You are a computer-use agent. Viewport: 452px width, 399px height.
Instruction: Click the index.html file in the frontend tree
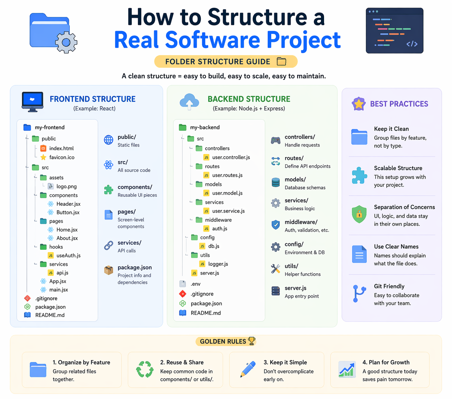point(61,148)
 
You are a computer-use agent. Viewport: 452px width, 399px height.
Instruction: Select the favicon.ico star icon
point(43,157)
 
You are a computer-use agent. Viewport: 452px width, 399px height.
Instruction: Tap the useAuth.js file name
point(68,255)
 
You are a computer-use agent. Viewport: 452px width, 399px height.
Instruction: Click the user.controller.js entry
point(231,157)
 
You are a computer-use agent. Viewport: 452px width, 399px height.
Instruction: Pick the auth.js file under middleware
point(219,229)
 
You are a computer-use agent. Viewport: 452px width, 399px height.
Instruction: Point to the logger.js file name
point(218,264)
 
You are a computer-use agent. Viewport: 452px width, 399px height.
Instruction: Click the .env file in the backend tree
point(195,284)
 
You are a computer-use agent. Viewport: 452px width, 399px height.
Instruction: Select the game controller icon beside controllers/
point(276,140)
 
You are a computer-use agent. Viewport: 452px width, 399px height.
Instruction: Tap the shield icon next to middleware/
point(276,225)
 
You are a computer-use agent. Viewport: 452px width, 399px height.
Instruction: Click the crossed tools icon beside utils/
point(276,269)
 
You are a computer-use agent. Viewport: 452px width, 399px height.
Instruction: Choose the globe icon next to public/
point(109,140)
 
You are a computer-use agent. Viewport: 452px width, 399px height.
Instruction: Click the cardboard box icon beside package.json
point(109,270)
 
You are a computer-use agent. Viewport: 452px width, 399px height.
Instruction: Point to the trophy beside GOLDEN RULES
point(252,341)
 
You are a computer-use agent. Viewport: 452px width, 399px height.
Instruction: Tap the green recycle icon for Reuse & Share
point(145,369)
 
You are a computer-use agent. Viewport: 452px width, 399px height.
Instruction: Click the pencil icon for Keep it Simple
point(247,369)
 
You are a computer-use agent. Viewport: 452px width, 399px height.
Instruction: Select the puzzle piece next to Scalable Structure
point(359,175)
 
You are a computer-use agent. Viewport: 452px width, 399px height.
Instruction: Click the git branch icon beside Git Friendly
point(359,293)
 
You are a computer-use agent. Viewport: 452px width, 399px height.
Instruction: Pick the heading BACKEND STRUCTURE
point(249,99)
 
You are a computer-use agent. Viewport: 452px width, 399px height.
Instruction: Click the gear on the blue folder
point(66,42)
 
